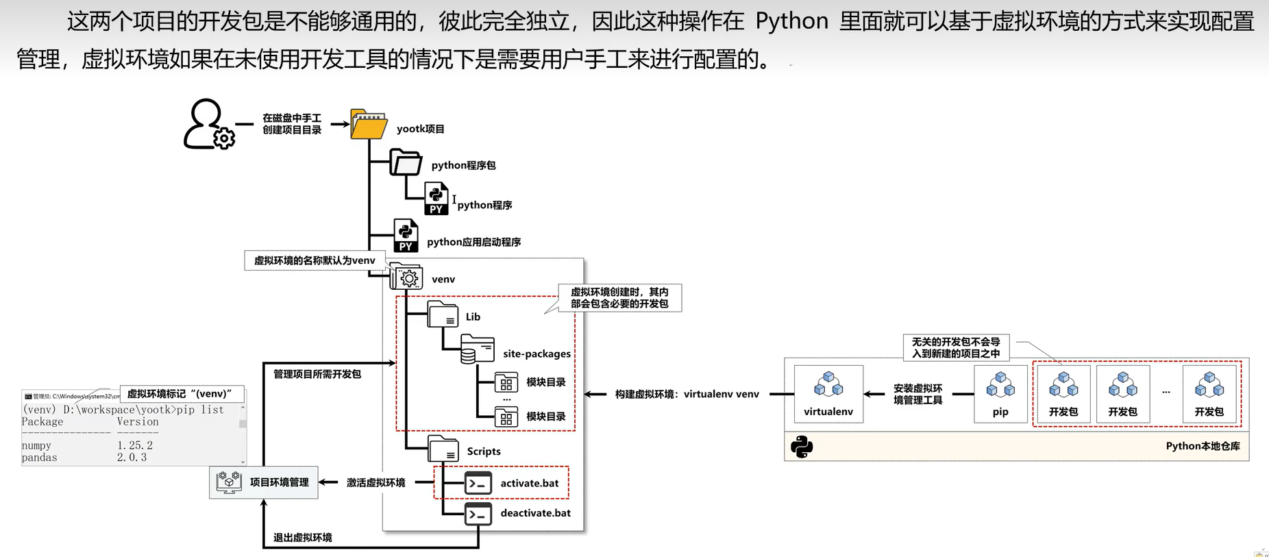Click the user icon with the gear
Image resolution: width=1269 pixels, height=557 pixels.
click(x=208, y=125)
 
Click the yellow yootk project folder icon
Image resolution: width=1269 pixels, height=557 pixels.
click(x=368, y=125)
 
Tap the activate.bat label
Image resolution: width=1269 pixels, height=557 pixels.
click(x=529, y=483)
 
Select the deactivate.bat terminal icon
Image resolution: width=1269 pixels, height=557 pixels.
click(x=478, y=514)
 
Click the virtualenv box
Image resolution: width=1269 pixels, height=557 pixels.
click(x=828, y=394)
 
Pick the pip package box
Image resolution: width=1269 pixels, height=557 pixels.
click(x=1000, y=394)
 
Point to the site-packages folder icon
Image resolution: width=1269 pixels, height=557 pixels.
click(x=477, y=349)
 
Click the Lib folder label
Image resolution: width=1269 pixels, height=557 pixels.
click(x=473, y=317)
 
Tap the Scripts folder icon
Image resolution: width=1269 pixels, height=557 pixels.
click(x=443, y=449)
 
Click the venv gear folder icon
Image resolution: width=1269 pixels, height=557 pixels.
click(x=407, y=277)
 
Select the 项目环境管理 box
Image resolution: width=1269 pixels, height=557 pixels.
click(x=264, y=482)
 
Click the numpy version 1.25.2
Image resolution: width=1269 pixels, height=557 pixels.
click(x=134, y=445)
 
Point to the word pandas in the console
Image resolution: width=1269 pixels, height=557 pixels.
click(x=39, y=458)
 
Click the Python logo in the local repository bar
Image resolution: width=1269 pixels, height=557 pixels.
click(x=801, y=447)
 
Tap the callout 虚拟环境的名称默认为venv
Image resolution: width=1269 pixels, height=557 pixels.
click(x=315, y=260)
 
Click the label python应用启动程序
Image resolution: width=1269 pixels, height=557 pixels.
click(x=473, y=242)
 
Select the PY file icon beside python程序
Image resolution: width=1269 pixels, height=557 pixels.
click(x=436, y=199)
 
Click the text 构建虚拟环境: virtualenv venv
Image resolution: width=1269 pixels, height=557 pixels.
click(x=687, y=394)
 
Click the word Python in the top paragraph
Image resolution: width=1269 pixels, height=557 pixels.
click(x=791, y=22)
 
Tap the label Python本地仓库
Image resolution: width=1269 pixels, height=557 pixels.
click(x=1203, y=446)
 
